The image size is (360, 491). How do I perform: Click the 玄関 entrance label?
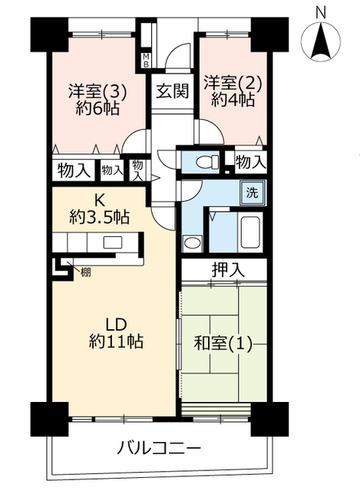[x=172, y=91]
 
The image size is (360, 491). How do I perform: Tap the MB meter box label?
[x=146, y=61]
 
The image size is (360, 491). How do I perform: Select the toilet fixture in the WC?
[x=207, y=162]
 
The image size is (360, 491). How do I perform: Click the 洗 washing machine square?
[x=253, y=193]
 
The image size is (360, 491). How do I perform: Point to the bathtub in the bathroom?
[x=249, y=232]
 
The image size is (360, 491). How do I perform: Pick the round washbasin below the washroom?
[x=192, y=242]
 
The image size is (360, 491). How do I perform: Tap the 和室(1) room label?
[x=223, y=344]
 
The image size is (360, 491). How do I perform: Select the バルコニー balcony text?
[x=159, y=448]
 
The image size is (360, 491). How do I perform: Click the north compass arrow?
[x=321, y=43]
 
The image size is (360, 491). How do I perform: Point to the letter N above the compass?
[x=320, y=12]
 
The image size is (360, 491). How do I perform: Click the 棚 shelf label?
[x=85, y=272]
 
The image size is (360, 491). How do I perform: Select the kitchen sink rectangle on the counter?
[x=112, y=242]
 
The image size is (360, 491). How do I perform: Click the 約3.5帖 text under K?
[x=99, y=216]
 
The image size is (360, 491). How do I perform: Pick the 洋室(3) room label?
[x=97, y=92]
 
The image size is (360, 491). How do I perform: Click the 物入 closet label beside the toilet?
[x=251, y=162]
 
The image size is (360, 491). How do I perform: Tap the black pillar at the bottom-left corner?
[x=49, y=420]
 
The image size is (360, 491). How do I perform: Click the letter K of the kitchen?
[x=99, y=200]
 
